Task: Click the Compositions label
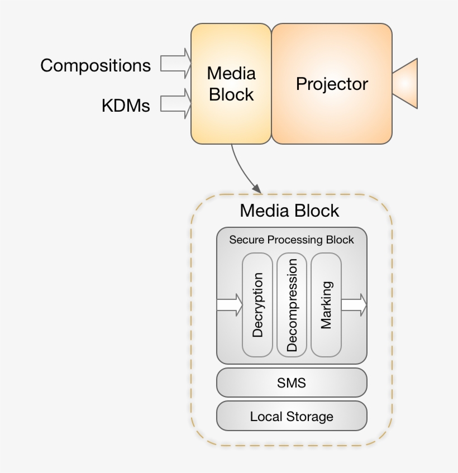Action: pyautogui.click(x=96, y=65)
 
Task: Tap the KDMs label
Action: pyautogui.click(x=126, y=106)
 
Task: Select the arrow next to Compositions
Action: pyautogui.click(x=175, y=63)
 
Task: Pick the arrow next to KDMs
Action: pyautogui.click(x=175, y=103)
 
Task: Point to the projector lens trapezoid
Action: pyautogui.click(x=405, y=83)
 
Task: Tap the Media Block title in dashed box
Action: pyautogui.click(x=289, y=211)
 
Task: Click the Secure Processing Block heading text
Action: pyautogui.click(x=292, y=240)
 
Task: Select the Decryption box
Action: pyautogui.click(x=257, y=305)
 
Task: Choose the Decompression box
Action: pyautogui.click(x=292, y=305)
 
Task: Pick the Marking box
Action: pyautogui.click(x=326, y=305)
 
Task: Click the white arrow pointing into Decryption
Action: pyautogui.click(x=230, y=305)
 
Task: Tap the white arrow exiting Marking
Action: pyautogui.click(x=354, y=305)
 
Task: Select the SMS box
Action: pyautogui.click(x=292, y=383)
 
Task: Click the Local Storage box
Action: pyautogui.click(x=292, y=416)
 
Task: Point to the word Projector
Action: pyautogui.click(x=332, y=84)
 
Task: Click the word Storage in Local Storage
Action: pyautogui.click(x=310, y=417)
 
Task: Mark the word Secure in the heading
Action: pyautogui.click(x=246, y=240)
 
